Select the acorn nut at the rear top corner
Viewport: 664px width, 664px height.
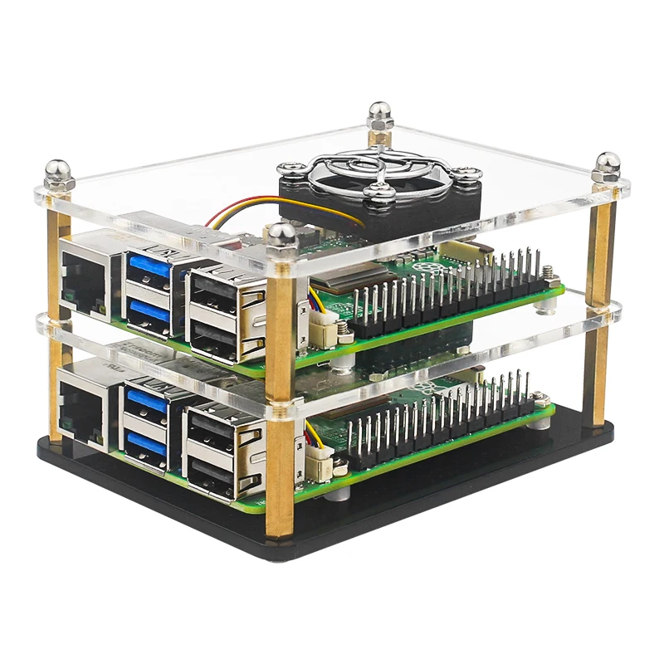click(379, 115)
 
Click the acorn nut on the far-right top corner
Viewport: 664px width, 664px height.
click(607, 165)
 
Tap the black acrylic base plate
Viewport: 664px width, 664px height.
click(465, 490)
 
